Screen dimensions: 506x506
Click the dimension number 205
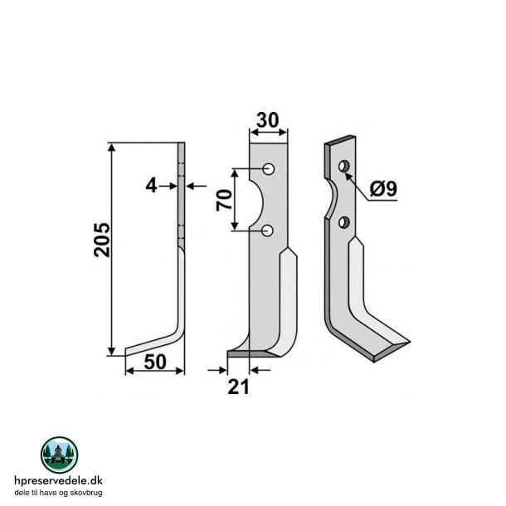click(x=102, y=240)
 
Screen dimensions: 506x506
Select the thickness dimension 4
click(x=151, y=187)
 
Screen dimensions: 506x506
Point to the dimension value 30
click(x=267, y=119)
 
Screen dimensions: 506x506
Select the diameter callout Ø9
click(x=382, y=189)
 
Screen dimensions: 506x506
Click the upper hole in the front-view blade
click(x=268, y=170)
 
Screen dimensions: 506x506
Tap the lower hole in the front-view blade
click(x=268, y=230)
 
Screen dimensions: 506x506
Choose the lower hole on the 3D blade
click(x=343, y=221)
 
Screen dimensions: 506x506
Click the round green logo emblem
click(x=59, y=455)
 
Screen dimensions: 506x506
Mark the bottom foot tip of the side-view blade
click(x=129, y=351)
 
